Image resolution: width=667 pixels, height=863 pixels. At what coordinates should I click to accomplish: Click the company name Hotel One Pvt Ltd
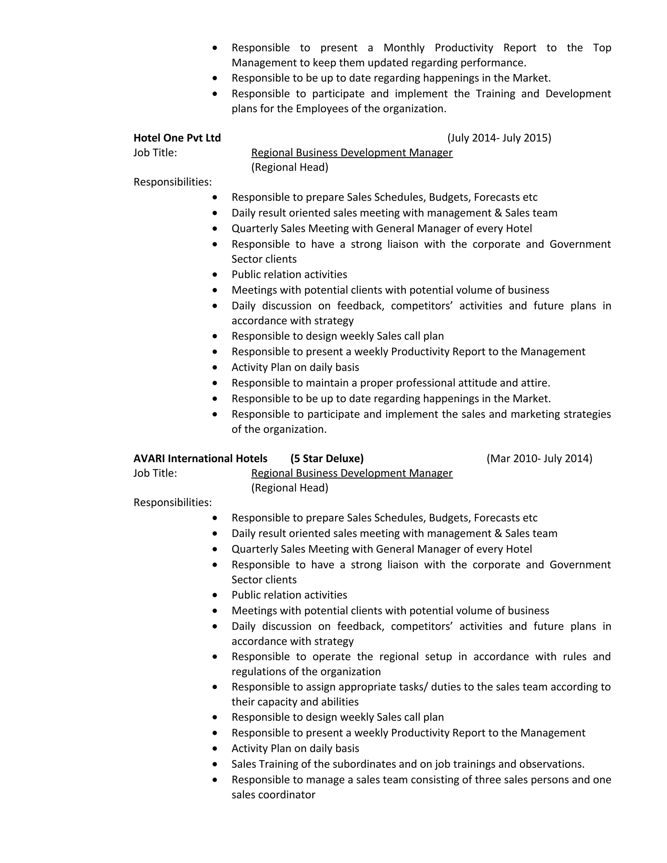(177, 138)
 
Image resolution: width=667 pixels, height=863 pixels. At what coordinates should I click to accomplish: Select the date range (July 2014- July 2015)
(499, 138)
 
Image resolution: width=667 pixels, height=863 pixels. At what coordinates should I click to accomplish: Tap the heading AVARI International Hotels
(200, 459)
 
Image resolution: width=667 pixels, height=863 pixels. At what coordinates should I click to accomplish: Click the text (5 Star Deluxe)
(327, 459)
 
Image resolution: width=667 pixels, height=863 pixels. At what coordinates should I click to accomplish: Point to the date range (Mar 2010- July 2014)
(539, 459)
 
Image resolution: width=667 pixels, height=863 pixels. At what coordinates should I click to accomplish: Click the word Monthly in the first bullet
(404, 48)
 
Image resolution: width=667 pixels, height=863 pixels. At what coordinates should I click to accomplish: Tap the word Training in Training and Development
(495, 94)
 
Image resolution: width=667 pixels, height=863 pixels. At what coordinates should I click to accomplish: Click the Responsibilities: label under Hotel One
(173, 182)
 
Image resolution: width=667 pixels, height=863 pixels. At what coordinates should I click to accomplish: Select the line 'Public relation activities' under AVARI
(289, 595)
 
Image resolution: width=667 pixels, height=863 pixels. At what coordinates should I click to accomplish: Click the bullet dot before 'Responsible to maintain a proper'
(215, 383)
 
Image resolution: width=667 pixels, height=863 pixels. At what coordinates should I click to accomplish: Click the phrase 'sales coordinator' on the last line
(274, 795)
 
